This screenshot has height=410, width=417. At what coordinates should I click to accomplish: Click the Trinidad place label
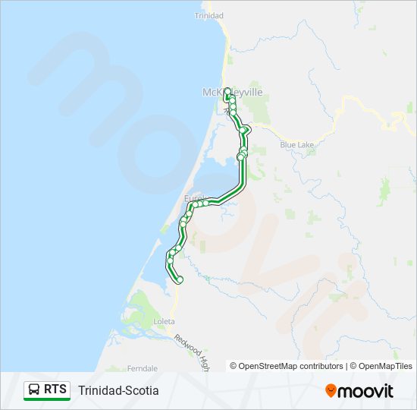pyautogui.click(x=208, y=15)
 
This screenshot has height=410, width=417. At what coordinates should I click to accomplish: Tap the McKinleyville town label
pyautogui.click(x=232, y=93)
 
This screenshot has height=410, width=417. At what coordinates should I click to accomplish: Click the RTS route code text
pyautogui.click(x=55, y=389)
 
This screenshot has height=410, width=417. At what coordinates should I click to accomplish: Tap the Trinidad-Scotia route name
pyautogui.click(x=118, y=390)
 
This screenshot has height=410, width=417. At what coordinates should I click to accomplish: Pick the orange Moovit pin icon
pyautogui.click(x=331, y=391)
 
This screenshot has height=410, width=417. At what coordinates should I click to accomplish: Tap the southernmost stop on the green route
pyautogui.click(x=180, y=280)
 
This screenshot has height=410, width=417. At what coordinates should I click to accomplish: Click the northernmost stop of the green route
pyautogui.click(x=227, y=92)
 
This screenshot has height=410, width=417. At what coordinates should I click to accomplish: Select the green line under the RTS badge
pyautogui.click(x=47, y=400)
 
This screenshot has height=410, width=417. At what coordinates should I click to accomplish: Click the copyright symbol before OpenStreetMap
pyautogui.click(x=234, y=366)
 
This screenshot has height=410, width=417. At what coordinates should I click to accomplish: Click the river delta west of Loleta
pyautogui.click(x=140, y=311)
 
